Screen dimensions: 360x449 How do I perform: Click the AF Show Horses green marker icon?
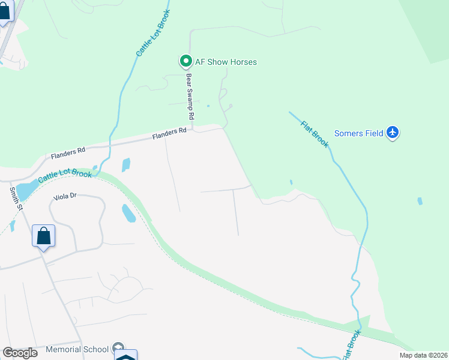click(185, 61)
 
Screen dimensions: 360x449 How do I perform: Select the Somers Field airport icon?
click(393, 133)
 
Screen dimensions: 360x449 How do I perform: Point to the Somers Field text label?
click(358, 133)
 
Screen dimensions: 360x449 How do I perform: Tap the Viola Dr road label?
click(65, 196)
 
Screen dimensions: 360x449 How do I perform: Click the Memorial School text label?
click(77, 349)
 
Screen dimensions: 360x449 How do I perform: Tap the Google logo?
click(20, 352)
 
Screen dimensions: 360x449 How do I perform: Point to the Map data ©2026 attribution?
click(423, 355)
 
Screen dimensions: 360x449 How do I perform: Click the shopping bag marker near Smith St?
click(44, 235)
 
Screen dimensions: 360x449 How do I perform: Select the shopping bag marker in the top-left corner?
click(5, 12)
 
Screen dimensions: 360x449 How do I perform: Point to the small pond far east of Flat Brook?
click(420, 201)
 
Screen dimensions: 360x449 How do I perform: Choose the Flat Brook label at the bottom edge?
click(352, 346)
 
